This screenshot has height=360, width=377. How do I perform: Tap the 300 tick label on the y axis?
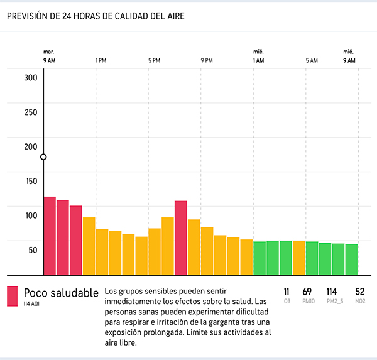(31, 78)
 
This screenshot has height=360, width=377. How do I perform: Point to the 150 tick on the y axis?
(31, 181)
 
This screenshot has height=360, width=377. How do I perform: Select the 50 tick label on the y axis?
(31, 249)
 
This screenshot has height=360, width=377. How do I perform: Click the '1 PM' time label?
(101, 60)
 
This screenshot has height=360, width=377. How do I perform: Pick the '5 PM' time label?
(154, 60)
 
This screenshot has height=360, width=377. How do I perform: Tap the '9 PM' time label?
(207, 60)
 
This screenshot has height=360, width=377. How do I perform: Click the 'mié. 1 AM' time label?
(258, 57)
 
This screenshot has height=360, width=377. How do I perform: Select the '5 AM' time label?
(312, 60)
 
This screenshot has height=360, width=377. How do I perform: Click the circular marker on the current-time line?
(43, 157)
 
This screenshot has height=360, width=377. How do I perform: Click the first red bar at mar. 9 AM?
(50, 236)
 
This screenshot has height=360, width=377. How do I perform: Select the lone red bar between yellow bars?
(181, 237)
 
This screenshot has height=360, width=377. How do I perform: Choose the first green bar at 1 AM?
(260, 258)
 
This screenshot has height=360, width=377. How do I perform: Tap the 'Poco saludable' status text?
(61, 293)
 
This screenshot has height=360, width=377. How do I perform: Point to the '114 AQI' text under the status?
(32, 304)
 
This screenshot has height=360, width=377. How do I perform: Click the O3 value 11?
(287, 292)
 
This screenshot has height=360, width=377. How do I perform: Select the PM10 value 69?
(307, 292)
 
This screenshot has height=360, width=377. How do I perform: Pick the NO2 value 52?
(359, 292)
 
